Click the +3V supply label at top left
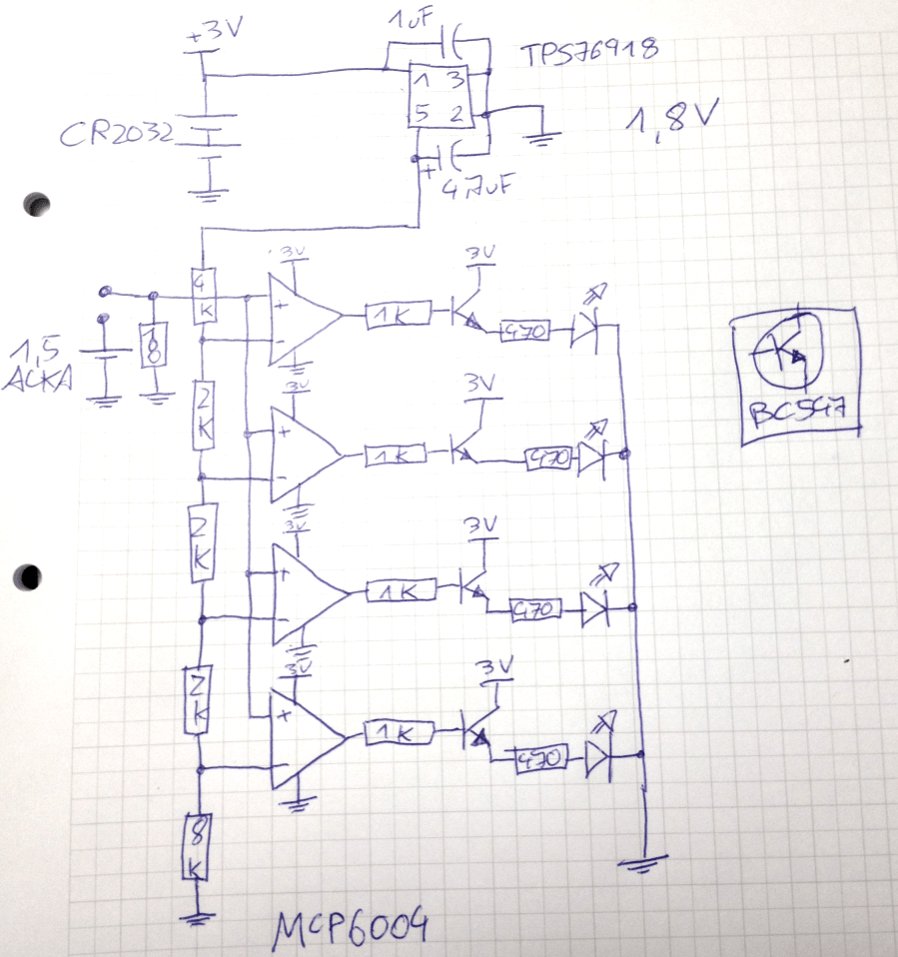pyautogui.click(x=215, y=32)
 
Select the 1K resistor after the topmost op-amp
pyautogui.click(x=398, y=316)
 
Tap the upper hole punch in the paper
pyautogui.click(x=38, y=204)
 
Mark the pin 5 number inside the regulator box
pyautogui.click(x=423, y=114)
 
